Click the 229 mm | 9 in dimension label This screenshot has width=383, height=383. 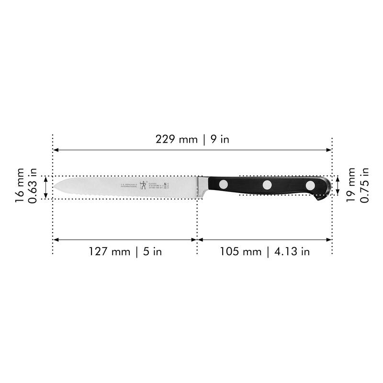coord(192,139)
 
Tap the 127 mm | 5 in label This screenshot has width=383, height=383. coord(124,252)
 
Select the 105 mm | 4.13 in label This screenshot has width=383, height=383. coord(265,252)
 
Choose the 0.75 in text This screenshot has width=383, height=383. coord(365,185)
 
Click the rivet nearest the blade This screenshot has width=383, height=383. coord(224,184)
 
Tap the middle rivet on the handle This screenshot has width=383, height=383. coord(267,185)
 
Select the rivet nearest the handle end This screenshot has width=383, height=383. coord(311,185)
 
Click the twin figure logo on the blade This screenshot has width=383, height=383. coord(142,186)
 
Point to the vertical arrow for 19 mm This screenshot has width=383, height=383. coord(338,185)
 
